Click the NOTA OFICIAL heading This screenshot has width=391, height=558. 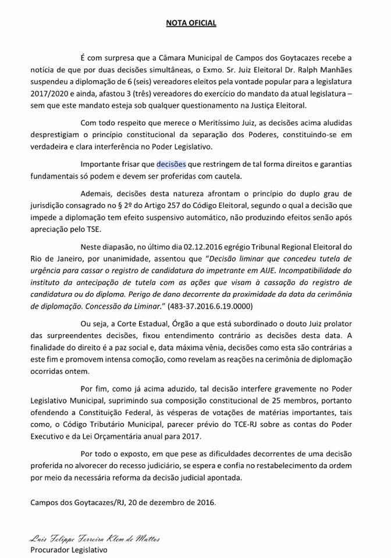coord(191,23)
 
